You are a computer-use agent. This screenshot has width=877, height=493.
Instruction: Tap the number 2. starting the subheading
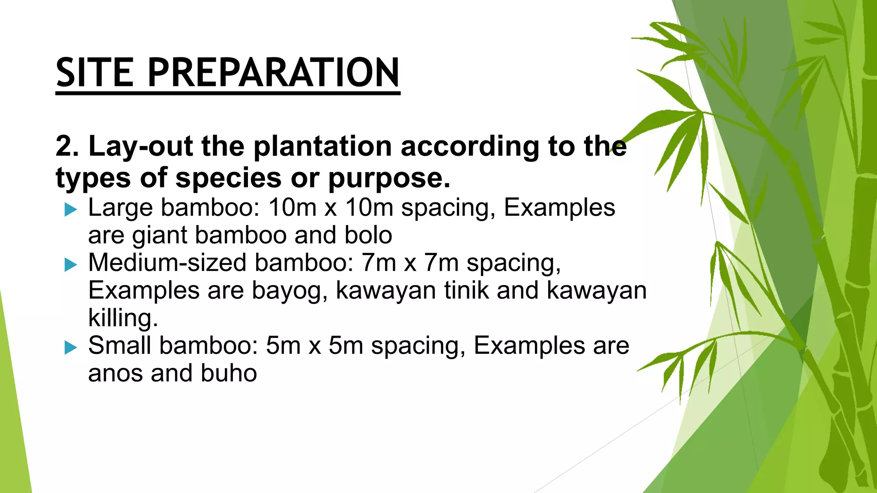click(x=67, y=146)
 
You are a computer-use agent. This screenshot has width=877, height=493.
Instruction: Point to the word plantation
click(x=322, y=146)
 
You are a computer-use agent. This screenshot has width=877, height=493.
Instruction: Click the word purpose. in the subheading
click(x=389, y=178)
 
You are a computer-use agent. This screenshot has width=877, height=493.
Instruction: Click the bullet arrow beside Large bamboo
click(x=71, y=210)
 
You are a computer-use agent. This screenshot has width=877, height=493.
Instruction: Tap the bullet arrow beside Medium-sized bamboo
click(x=71, y=265)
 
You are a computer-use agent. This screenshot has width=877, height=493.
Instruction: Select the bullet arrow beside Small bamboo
click(x=71, y=347)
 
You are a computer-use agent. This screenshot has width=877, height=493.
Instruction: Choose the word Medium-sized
click(x=167, y=262)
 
